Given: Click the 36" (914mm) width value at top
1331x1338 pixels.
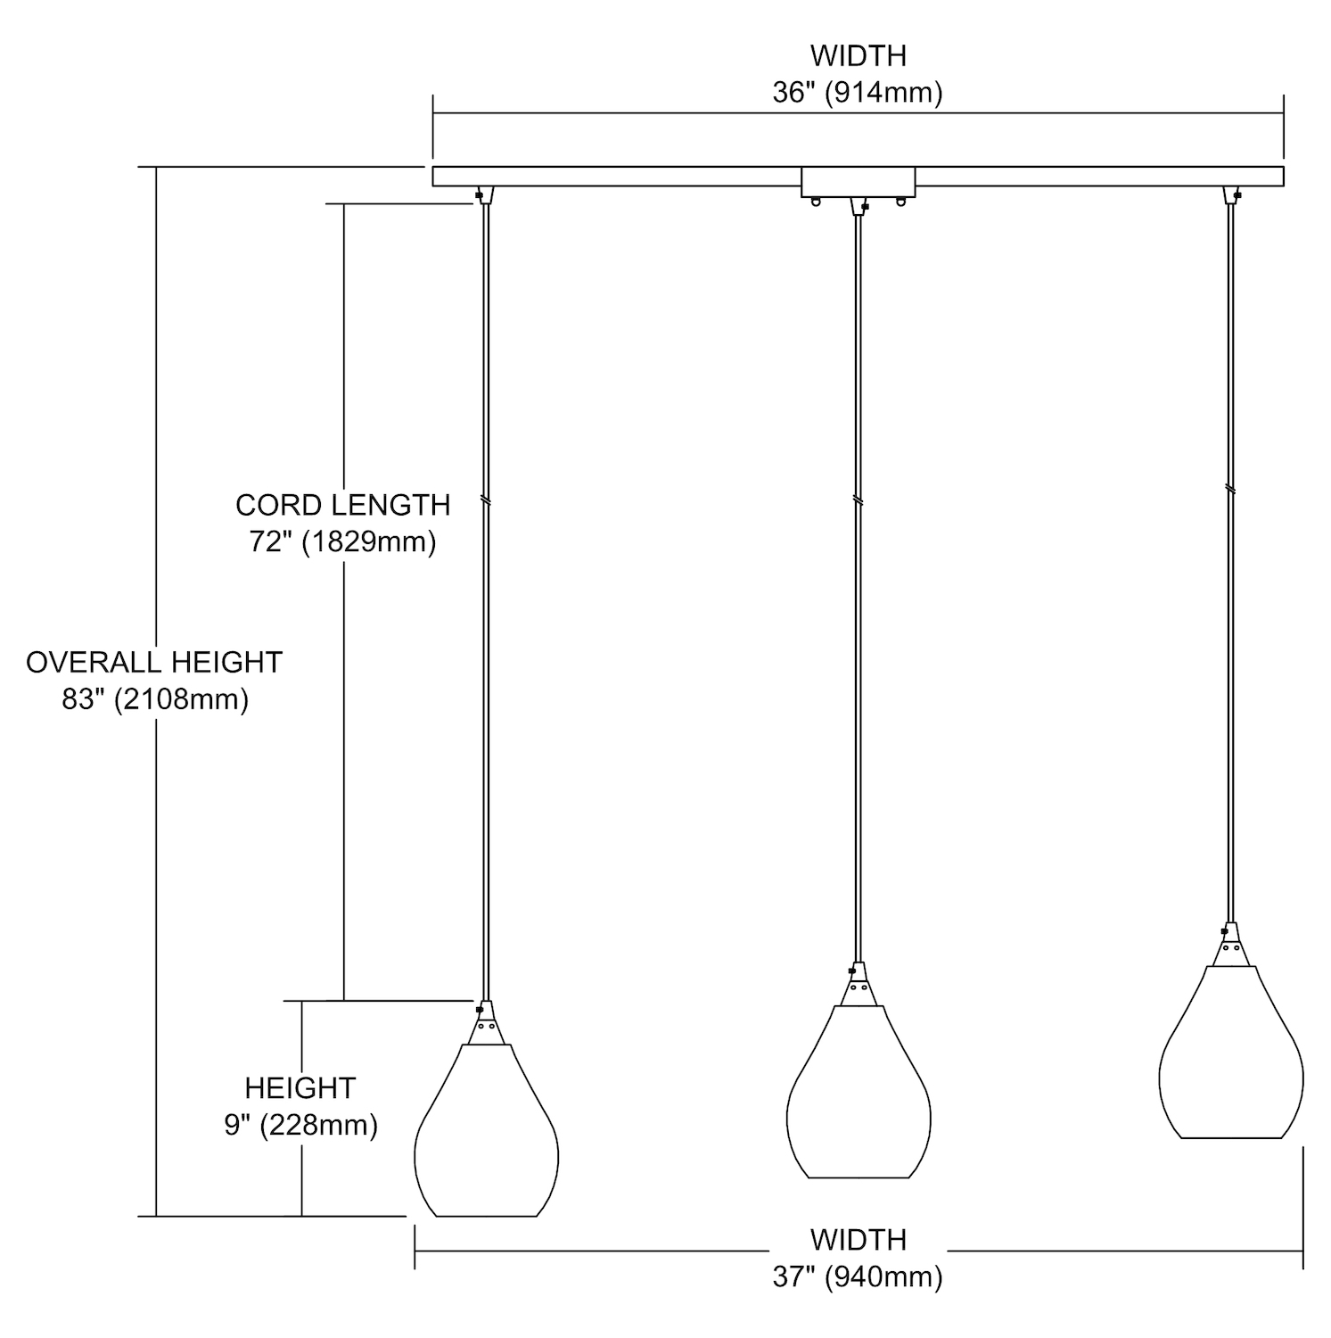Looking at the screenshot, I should click(858, 93).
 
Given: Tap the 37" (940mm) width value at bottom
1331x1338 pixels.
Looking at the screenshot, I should click(858, 1277).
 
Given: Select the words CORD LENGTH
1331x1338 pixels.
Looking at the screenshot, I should click(343, 505).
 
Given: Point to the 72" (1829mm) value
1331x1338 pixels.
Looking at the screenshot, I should click(343, 541).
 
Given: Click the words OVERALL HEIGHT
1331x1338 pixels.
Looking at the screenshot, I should click(154, 662).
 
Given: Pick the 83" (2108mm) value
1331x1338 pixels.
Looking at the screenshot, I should click(155, 699).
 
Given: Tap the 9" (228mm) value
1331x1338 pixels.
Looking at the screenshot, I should click(300, 1125).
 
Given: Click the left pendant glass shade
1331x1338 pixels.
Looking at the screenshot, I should click(487, 1133).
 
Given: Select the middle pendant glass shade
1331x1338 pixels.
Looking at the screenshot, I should click(859, 1094).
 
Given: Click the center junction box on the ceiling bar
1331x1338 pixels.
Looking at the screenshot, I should click(859, 182).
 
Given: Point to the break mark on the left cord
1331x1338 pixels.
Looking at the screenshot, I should click(486, 501).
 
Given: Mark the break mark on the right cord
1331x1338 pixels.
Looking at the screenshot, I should click(1231, 490).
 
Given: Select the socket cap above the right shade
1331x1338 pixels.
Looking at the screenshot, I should click(1231, 947).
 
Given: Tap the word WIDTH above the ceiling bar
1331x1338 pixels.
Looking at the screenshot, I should click(858, 55).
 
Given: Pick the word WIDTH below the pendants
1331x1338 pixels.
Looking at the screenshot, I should click(858, 1240).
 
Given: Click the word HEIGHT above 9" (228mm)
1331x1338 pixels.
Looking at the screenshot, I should click(300, 1088).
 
